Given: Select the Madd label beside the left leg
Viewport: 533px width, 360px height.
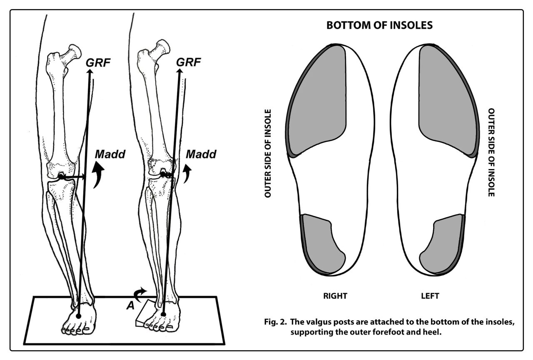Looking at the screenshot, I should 109,154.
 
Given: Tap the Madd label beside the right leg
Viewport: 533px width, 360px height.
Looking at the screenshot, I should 201,154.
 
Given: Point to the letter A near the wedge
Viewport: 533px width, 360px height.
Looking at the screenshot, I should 130,305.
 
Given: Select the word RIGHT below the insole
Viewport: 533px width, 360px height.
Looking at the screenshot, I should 335,296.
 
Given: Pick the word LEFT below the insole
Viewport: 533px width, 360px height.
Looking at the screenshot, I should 430,296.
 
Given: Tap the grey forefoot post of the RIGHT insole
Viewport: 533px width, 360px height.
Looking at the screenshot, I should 317,100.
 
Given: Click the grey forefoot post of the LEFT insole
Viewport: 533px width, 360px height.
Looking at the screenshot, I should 447,100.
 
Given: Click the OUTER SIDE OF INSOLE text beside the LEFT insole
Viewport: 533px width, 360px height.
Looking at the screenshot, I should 491,153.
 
